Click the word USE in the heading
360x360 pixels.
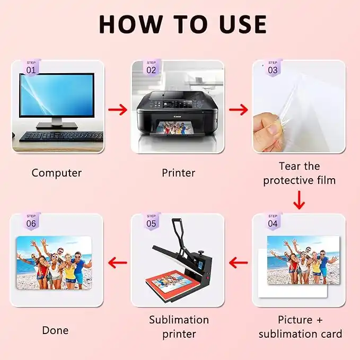click(x=243, y=24)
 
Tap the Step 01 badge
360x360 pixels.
click(x=31, y=67)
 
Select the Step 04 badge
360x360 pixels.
click(x=273, y=221)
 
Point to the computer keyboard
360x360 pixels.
click(x=61, y=137)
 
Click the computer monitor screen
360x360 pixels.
click(x=57, y=95)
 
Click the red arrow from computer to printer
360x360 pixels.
click(x=118, y=110)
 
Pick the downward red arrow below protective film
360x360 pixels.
click(x=299, y=200)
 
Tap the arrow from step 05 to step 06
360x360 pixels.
click(x=118, y=263)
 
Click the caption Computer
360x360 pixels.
click(x=57, y=173)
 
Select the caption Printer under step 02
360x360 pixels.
click(x=178, y=173)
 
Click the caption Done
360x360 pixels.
click(x=55, y=330)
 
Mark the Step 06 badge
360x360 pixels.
click(x=31, y=221)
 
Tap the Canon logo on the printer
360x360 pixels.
click(x=177, y=117)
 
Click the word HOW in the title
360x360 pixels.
click(x=131, y=24)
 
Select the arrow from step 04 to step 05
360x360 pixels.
click(x=238, y=263)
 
